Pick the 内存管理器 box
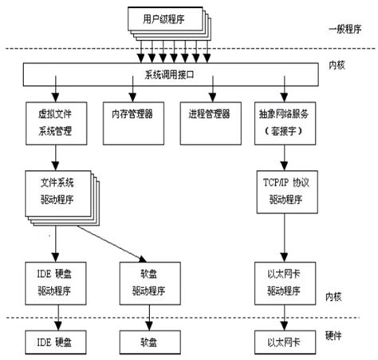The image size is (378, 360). (x=132, y=115)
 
